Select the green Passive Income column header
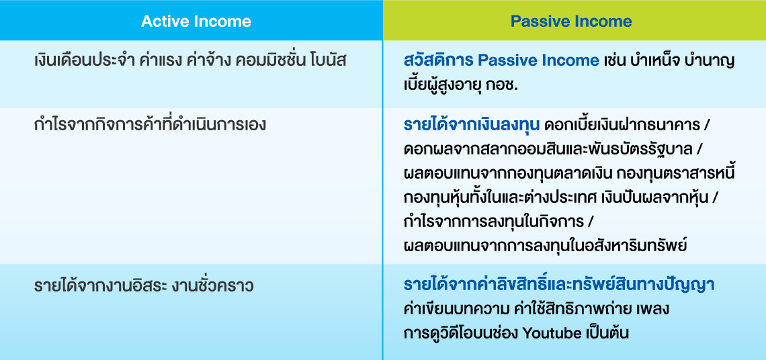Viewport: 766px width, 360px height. pos(574,21)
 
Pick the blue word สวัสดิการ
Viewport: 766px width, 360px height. pos(437,60)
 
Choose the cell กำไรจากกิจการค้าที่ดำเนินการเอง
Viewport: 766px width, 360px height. pos(150,125)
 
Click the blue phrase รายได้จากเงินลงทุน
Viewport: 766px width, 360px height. pos(472,124)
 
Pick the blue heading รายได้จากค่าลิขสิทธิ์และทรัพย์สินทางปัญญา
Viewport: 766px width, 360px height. pos(560,285)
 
